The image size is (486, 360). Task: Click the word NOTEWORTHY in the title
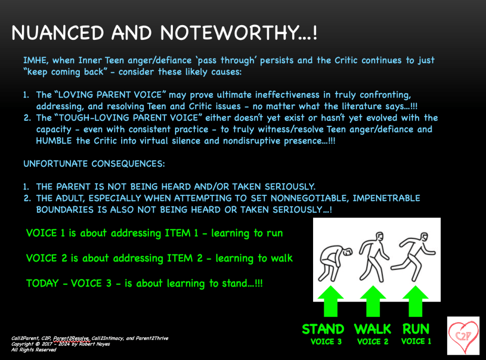tap(229, 32)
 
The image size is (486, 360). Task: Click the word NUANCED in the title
tap(57, 32)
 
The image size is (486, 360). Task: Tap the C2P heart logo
tap(463, 336)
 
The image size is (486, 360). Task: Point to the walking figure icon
tap(373, 256)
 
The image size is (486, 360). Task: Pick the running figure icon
tap(413, 256)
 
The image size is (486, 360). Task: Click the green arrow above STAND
tap(331, 301)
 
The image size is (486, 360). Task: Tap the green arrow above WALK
tap(373, 301)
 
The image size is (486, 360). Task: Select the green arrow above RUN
tap(415, 301)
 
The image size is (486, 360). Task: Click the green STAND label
tap(323, 329)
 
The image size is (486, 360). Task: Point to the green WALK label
tap(372, 329)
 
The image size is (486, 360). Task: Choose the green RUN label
tap(416, 329)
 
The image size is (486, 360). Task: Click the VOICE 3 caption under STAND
tap(326, 341)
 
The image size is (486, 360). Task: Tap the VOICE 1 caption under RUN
tap(416, 341)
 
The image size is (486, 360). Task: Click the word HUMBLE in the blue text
tap(54, 141)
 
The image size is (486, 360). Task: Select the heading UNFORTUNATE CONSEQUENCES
tap(94, 163)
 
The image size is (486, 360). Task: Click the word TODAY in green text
tap(42, 283)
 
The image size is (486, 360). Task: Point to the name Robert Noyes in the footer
tap(94, 344)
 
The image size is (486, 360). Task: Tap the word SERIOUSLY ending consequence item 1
tap(290, 187)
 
